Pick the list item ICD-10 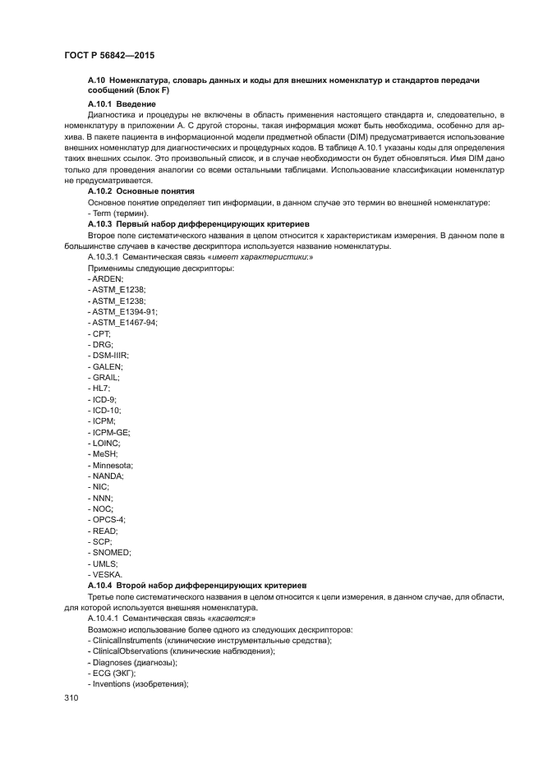[x=106, y=409]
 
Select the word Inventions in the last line [x=114, y=684]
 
